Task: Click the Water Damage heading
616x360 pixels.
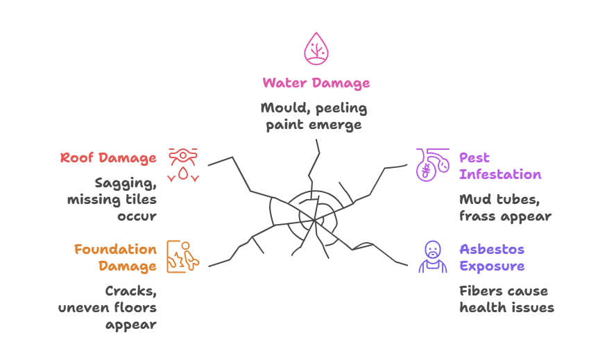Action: click(316, 83)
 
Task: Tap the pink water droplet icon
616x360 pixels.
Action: click(316, 48)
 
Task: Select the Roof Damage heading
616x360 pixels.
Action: click(108, 158)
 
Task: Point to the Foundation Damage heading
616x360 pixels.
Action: click(115, 257)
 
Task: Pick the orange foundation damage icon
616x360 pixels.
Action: click(183, 257)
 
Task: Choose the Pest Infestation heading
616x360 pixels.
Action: click(499, 166)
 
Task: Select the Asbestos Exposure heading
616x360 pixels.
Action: click(491, 257)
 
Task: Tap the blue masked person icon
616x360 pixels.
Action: click(433, 257)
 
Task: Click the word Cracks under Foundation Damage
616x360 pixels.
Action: click(130, 291)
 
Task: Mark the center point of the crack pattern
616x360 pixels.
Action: click(316, 219)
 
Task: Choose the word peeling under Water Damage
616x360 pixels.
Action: click(344, 108)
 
